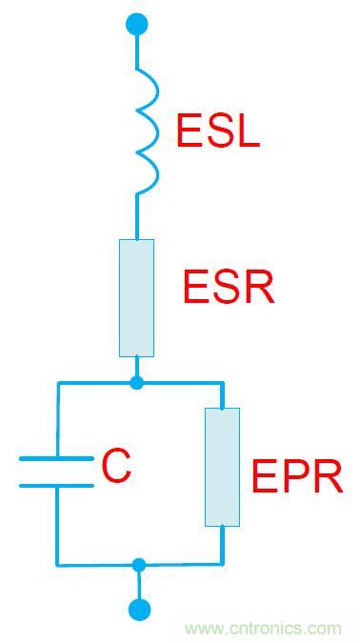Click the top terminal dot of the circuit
pyautogui.click(x=137, y=24)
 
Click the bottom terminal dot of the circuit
pyautogui.click(x=139, y=610)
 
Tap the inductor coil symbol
pyautogui.click(x=145, y=132)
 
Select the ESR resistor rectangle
pyautogui.click(x=136, y=297)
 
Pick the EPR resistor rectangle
pyautogui.click(x=222, y=467)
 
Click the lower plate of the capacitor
pyautogui.click(x=57, y=485)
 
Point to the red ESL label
pyautogui.click(x=217, y=132)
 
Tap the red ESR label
pyautogui.click(x=229, y=287)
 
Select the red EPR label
pyautogui.click(x=296, y=477)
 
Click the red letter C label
pyautogui.click(x=116, y=467)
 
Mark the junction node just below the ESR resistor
pyautogui.click(x=137, y=383)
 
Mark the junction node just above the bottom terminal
pyautogui.click(x=139, y=565)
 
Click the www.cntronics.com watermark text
pyautogui.click(x=263, y=629)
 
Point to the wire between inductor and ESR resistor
pyautogui.click(x=137, y=217)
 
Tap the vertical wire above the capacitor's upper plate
pyautogui.click(x=57, y=419)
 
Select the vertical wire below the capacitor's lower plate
pyautogui.click(x=57, y=524)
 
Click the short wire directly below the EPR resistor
pyautogui.click(x=223, y=545)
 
